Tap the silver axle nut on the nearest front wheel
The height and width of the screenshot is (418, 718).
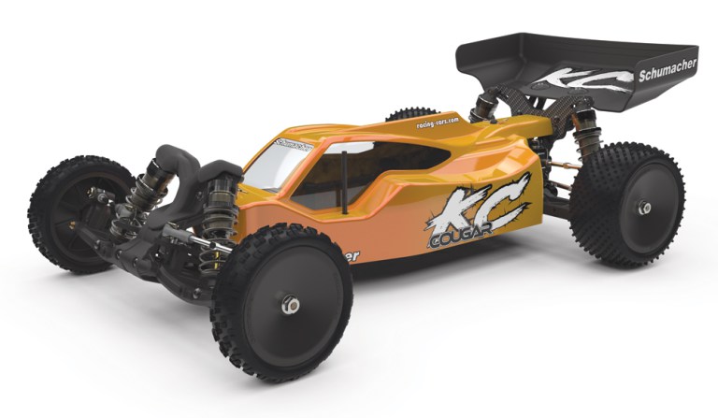click(291, 305)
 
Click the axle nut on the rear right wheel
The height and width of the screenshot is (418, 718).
click(644, 208)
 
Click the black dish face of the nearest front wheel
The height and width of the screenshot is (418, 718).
click(280, 309)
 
